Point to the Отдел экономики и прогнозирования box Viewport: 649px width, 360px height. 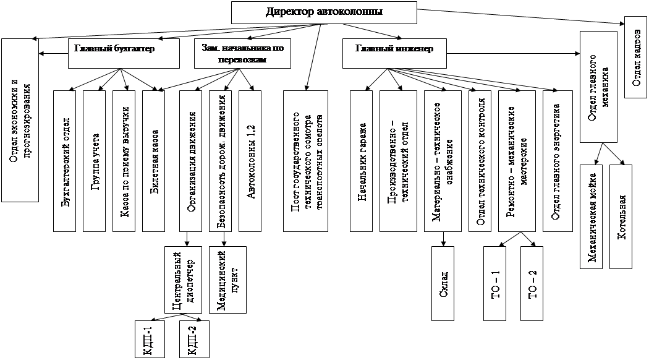20,121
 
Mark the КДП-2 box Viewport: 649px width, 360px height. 192,339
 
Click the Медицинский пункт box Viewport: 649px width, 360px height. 228,280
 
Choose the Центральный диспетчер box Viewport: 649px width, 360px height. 184,280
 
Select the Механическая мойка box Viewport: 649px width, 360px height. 592,216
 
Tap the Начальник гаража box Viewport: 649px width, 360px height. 362,161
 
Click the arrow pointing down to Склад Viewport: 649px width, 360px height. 443,238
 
